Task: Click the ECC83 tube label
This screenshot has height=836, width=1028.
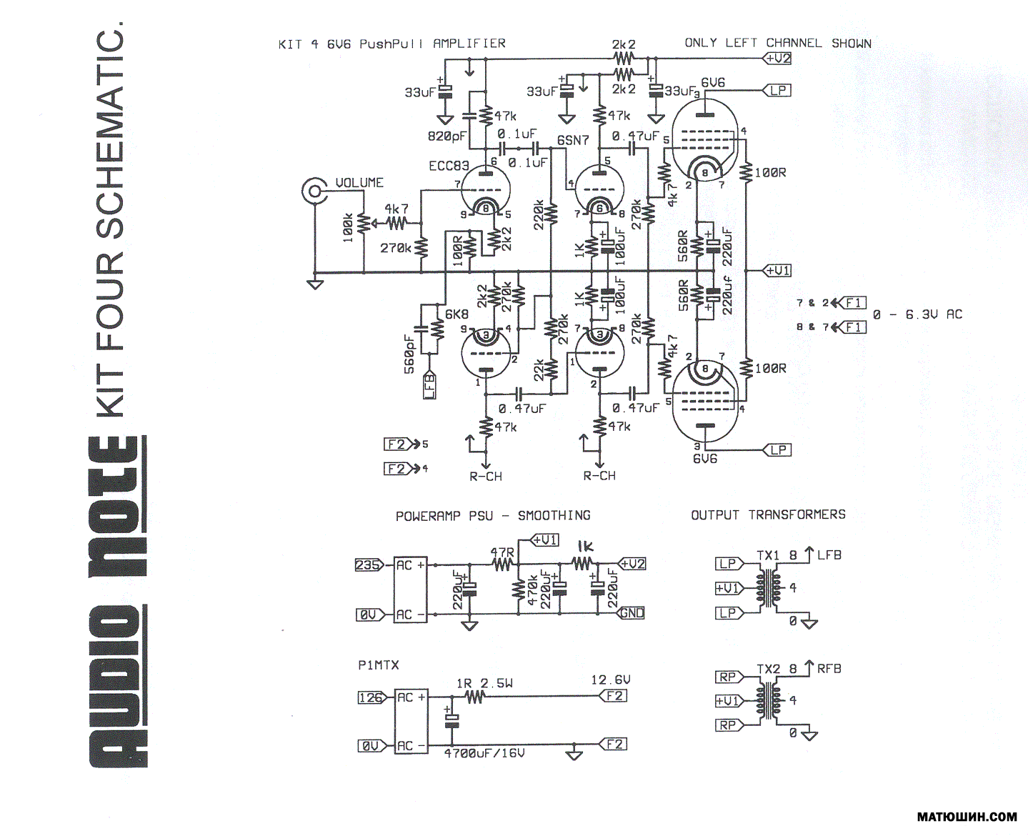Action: pos(449,166)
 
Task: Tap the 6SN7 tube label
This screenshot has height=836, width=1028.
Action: pos(573,140)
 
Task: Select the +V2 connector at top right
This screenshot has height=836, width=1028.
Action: pos(777,59)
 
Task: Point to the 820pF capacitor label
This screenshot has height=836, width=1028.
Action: pos(447,136)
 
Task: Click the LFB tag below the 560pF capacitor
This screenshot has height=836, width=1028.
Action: pos(429,386)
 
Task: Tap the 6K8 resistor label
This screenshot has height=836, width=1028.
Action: pos(456,314)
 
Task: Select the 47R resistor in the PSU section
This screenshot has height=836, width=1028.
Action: pos(502,564)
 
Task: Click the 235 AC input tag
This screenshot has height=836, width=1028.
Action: pos(369,565)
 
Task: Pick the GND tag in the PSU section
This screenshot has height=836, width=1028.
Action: pos(632,613)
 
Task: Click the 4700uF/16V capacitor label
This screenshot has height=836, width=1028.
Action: pos(484,753)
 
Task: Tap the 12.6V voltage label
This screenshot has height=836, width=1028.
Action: pos(611,680)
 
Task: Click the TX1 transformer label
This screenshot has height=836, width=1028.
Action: pos(768,555)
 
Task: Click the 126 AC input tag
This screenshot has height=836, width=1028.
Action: pos(371,697)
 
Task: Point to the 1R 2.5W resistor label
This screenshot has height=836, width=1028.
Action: pos(484,684)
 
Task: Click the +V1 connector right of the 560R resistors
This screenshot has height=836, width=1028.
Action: pos(777,271)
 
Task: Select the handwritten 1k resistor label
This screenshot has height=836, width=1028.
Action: pos(585,547)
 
